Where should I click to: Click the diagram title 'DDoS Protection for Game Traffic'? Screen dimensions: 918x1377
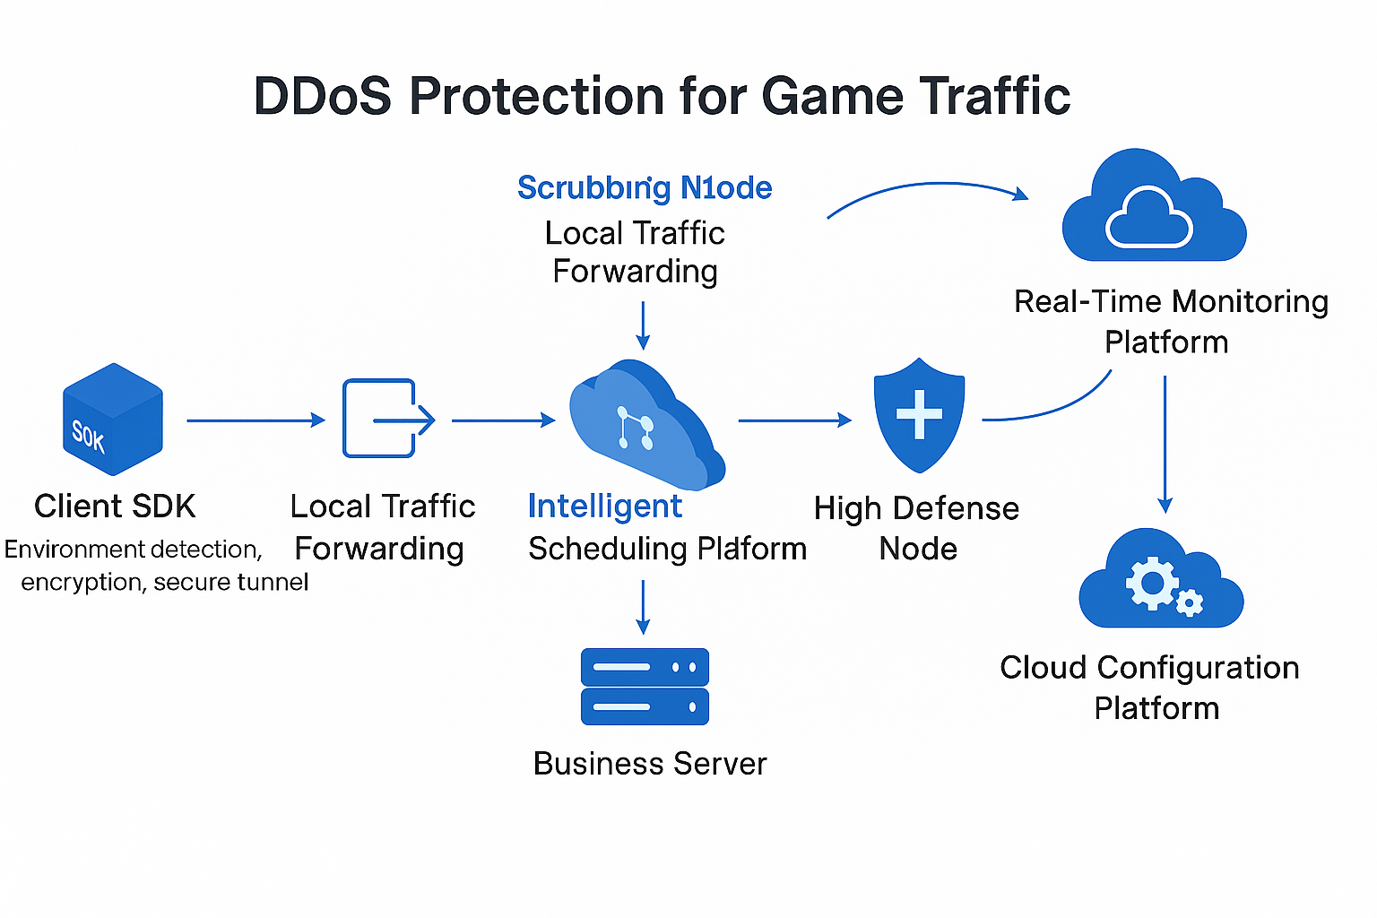(x=662, y=96)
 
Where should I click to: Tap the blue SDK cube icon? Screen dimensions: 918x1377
(x=113, y=420)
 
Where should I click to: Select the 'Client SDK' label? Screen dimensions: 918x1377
(x=115, y=507)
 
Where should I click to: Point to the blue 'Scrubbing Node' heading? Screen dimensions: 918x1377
(x=645, y=188)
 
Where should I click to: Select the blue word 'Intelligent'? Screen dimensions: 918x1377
(x=605, y=507)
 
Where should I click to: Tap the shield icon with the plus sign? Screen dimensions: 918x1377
(x=919, y=415)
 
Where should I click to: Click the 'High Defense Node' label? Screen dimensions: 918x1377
(x=916, y=528)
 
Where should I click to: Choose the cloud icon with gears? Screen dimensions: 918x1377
(x=1160, y=580)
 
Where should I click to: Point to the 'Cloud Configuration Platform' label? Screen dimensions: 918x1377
(x=1151, y=688)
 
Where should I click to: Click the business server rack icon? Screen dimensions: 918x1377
(x=645, y=687)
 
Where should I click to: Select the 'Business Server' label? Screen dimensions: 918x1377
(x=650, y=764)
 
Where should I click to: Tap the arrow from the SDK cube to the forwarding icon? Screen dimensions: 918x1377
(x=255, y=420)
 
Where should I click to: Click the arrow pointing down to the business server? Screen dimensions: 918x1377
(x=643, y=607)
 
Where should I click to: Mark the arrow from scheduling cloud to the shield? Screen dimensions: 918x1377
(x=794, y=420)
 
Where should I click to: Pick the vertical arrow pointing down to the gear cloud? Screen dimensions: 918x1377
(x=1165, y=444)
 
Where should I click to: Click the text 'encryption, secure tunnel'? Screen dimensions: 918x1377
(x=165, y=583)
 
